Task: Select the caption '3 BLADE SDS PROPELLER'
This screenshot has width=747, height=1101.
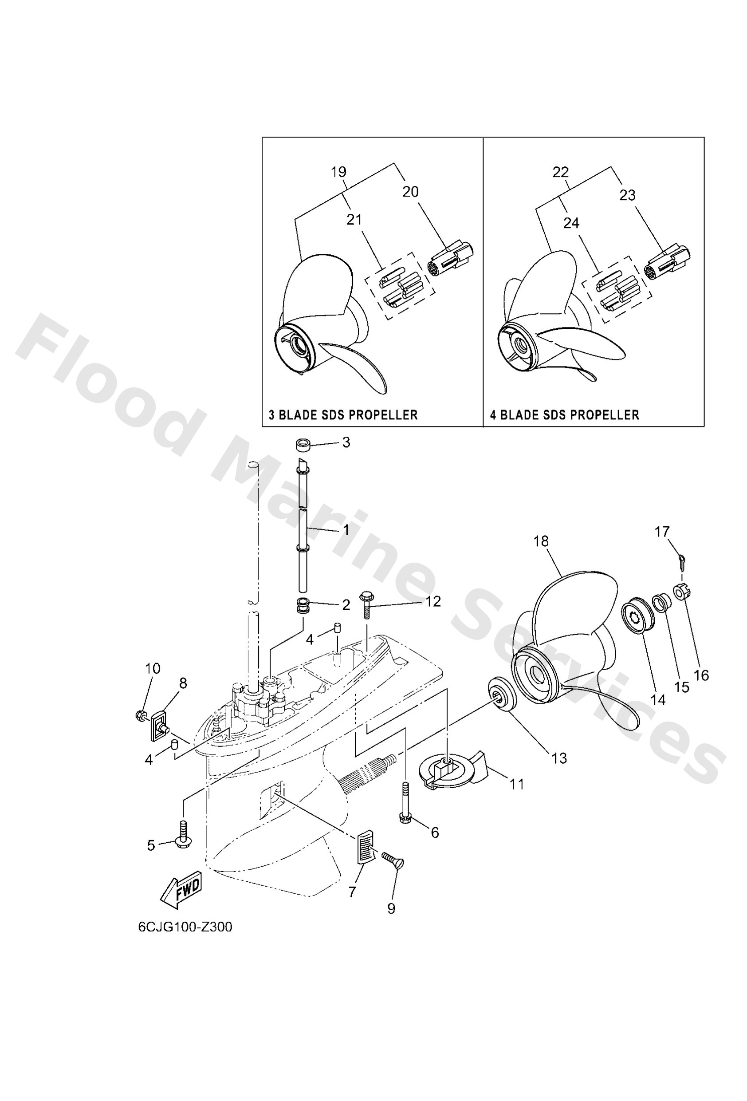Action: [x=343, y=415]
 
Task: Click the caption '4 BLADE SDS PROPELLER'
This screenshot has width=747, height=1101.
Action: [x=564, y=415]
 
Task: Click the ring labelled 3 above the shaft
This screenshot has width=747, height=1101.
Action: [x=303, y=446]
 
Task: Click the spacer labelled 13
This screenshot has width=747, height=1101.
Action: [x=501, y=695]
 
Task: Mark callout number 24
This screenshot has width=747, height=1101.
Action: [x=571, y=223]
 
